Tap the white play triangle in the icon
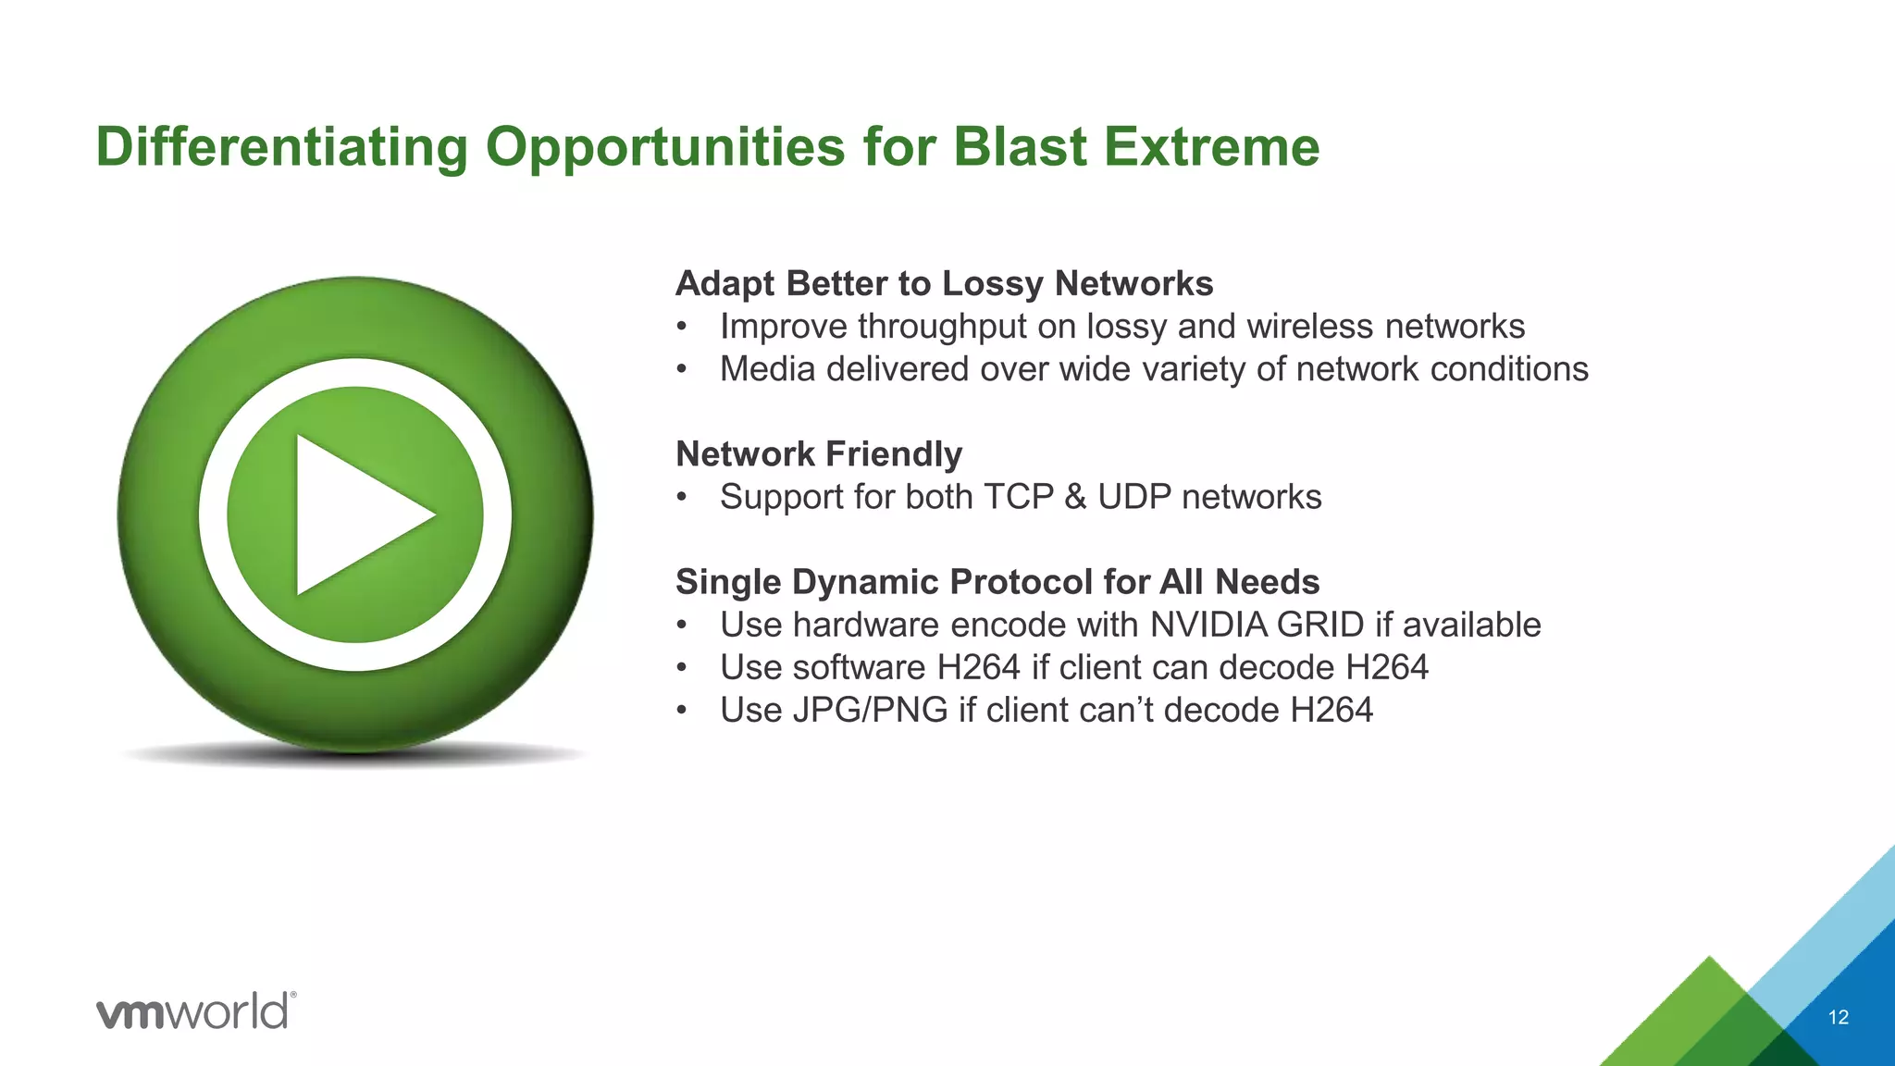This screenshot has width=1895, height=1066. click(x=356, y=514)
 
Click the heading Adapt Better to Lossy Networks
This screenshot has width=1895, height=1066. click(x=944, y=283)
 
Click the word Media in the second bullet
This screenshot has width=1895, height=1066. click(x=767, y=369)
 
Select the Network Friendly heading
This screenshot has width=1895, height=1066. click(x=819, y=454)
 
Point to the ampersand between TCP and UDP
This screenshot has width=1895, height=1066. click(x=1075, y=497)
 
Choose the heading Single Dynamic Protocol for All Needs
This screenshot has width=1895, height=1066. click(x=997, y=582)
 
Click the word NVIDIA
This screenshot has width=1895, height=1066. click(x=1208, y=625)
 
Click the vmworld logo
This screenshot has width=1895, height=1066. click(x=195, y=1010)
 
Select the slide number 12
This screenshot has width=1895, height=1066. click(x=1838, y=1018)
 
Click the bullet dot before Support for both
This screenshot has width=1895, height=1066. click(x=682, y=498)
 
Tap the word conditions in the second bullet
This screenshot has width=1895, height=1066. click(x=1509, y=369)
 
